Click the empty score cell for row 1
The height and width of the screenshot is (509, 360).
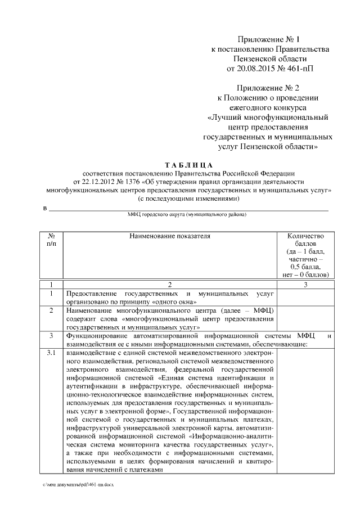pos(305,298)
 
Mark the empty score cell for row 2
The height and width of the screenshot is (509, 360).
pos(305,318)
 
